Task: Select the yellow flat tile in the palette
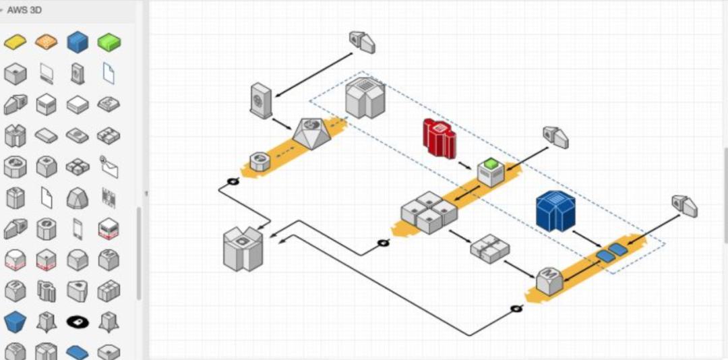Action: click(x=16, y=42)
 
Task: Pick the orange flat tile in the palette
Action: click(x=47, y=42)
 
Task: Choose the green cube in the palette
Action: click(x=109, y=42)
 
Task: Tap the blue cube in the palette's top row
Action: click(x=78, y=42)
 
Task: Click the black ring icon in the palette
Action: click(x=78, y=322)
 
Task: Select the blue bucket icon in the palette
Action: click(x=15, y=322)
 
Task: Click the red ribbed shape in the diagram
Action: click(x=439, y=138)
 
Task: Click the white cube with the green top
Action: click(x=491, y=172)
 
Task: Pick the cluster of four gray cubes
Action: click(x=429, y=212)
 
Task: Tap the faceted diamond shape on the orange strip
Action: click(x=311, y=133)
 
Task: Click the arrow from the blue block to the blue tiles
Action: click(x=586, y=239)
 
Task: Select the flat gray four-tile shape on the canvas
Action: click(x=489, y=248)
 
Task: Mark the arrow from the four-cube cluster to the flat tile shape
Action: click(x=460, y=236)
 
